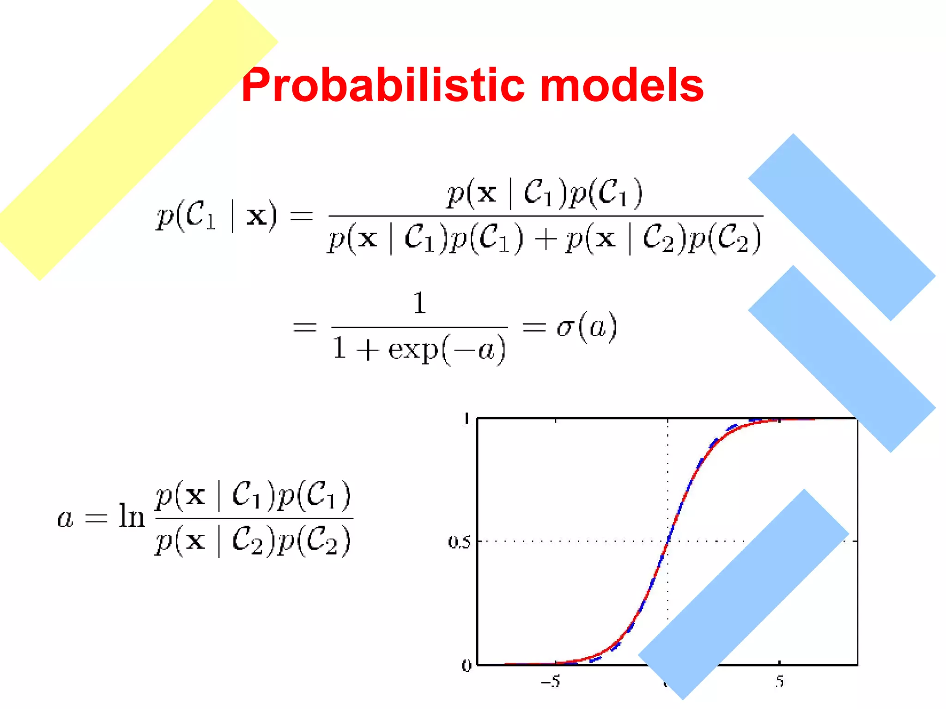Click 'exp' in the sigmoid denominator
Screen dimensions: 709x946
412,350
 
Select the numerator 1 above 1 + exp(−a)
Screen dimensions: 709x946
419,303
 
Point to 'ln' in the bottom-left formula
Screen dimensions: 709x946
132,516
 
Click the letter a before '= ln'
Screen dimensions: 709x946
65,518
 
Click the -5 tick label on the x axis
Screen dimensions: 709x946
551,681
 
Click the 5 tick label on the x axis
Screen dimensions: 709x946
779,681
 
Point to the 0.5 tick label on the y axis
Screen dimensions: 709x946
459,541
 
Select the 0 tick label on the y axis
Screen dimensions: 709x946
467,666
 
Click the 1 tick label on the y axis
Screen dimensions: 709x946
467,419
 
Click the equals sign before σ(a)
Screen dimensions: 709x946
534,327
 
